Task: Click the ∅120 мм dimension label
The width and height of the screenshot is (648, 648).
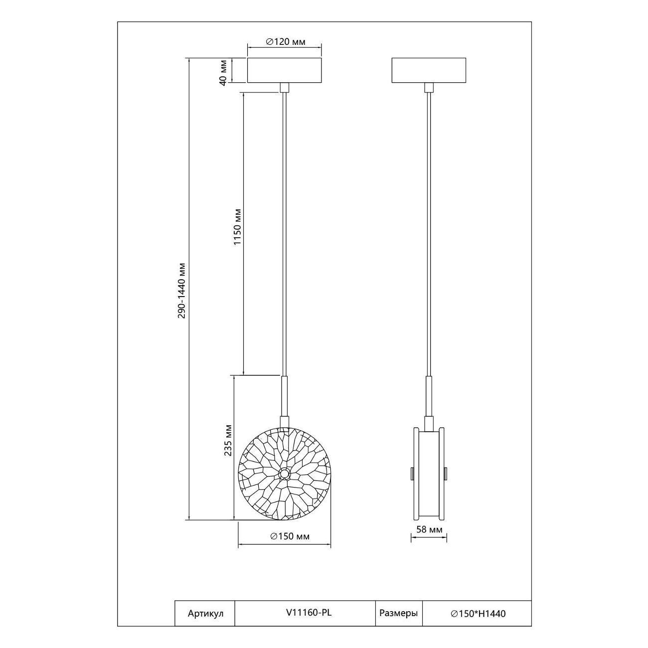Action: click(286, 42)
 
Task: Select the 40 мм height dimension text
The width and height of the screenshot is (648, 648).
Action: click(223, 72)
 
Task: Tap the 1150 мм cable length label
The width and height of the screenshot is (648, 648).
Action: click(238, 227)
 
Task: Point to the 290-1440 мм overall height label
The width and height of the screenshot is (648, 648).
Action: click(181, 290)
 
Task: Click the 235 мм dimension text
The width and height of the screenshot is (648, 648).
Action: click(228, 440)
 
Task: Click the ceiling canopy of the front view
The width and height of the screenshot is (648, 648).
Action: click(285, 70)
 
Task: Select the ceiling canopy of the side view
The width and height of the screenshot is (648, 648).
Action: click(429, 70)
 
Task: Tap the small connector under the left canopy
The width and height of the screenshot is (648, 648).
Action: click(285, 87)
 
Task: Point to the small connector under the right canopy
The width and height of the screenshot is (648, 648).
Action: click(429, 87)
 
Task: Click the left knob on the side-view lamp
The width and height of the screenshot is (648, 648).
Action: click(412, 474)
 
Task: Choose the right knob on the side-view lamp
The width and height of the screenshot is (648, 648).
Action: click(446, 474)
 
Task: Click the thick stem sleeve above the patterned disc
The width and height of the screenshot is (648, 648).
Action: click(285, 396)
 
